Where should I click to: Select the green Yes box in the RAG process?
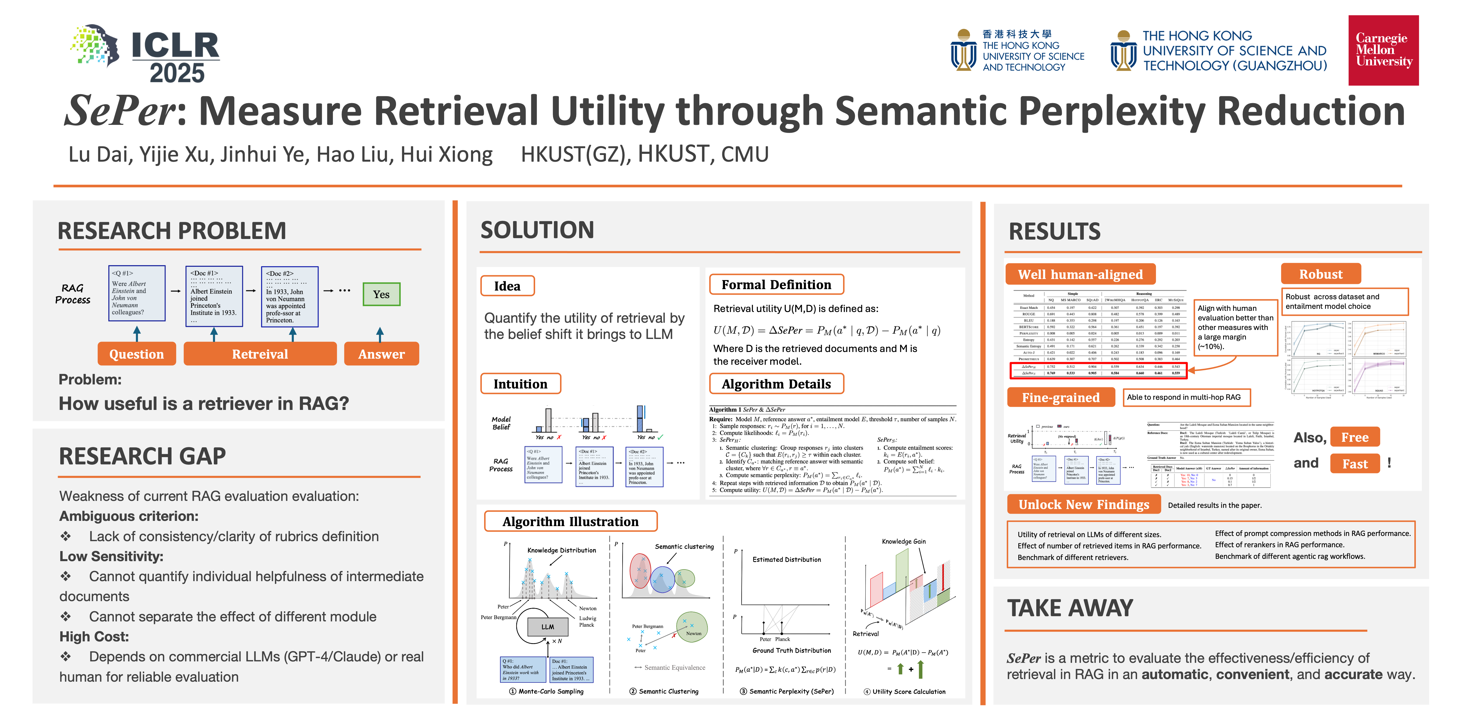tap(381, 294)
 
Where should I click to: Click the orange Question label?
tap(136, 354)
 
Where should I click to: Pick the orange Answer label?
tap(381, 354)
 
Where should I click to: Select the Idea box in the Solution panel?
tap(507, 286)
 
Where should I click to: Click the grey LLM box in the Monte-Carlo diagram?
tap(548, 627)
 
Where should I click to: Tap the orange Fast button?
tap(1355, 464)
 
